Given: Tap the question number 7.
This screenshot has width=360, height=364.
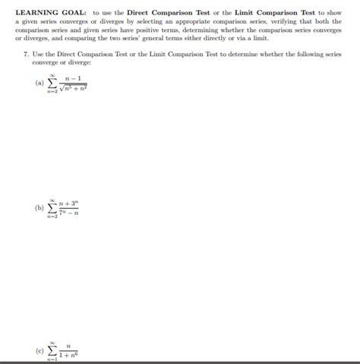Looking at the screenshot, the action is [25, 57].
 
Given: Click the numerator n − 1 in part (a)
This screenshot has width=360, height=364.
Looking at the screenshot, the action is [74, 78].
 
